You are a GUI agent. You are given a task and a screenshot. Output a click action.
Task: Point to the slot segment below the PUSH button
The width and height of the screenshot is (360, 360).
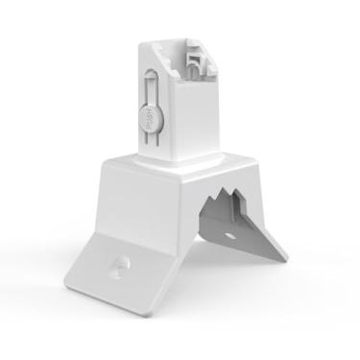point(149,143)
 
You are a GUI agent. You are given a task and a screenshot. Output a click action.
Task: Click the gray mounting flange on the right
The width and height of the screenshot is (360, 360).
point(252,235)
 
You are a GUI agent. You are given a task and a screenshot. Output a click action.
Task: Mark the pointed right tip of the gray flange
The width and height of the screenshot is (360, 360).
point(285,257)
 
